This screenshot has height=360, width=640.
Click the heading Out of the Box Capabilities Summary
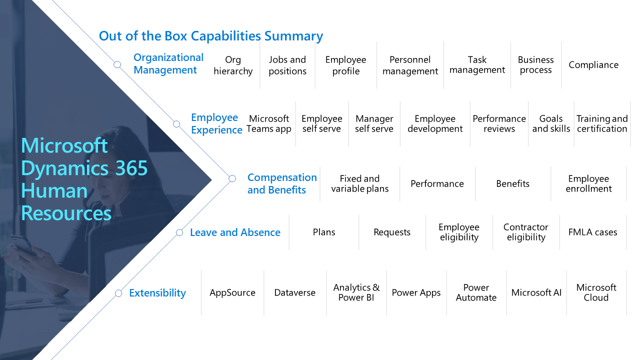coord(210,36)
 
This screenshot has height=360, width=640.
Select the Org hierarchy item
coord(233,65)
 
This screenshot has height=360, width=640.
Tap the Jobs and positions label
coord(287,65)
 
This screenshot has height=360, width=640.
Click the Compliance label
coord(593,65)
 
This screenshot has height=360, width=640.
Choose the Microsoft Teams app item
coord(269,123)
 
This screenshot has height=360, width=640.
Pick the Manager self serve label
coord(374,123)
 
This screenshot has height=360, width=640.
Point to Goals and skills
coord(551,123)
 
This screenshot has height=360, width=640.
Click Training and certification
coord(602,123)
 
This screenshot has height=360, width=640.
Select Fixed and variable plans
coord(359,183)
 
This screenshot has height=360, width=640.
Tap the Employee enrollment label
coord(588,183)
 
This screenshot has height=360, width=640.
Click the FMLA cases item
coord(592,232)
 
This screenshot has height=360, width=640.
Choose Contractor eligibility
coord(526,232)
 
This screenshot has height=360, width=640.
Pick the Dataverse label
coord(295,293)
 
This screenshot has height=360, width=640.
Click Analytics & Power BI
coord(356,292)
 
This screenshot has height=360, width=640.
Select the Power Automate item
coord(476,292)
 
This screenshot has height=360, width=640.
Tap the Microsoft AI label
coord(536,293)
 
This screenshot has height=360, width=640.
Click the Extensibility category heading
coord(157,293)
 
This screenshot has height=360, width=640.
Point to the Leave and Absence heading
coord(235,232)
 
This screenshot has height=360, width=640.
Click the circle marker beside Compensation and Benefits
coord(232,178)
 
